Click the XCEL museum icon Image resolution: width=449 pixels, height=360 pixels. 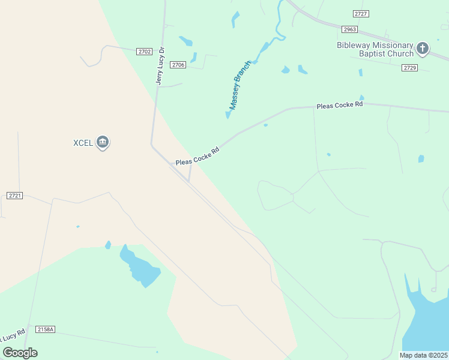pyautogui.click(x=103, y=142)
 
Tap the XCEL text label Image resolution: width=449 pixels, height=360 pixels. pyautogui.click(x=83, y=143)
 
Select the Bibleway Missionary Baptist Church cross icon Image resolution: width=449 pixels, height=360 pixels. pyautogui.click(x=423, y=48)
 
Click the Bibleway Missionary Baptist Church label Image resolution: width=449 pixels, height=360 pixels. pyautogui.click(x=375, y=49)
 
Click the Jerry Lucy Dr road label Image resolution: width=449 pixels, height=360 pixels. pyautogui.click(x=160, y=66)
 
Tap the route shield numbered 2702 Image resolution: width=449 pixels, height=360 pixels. pyautogui.click(x=144, y=52)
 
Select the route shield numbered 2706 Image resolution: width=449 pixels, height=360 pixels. pyautogui.click(x=178, y=65)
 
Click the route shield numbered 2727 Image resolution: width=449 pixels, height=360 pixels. pyautogui.click(x=361, y=13)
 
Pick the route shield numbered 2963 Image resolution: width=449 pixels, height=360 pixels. pyautogui.click(x=349, y=29)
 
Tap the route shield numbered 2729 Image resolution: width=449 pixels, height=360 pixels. pyautogui.click(x=410, y=68)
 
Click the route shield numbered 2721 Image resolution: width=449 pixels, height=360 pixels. pyautogui.click(x=15, y=196)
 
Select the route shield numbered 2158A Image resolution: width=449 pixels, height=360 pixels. pyautogui.click(x=46, y=329)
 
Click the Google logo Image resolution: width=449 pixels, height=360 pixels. pyautogui.click(x=20, y=352)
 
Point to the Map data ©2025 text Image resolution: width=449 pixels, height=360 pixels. pyautogui.click(x=424, y=355)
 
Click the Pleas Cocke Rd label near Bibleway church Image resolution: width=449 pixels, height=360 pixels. pyautogui.click(x=340, y=105)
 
